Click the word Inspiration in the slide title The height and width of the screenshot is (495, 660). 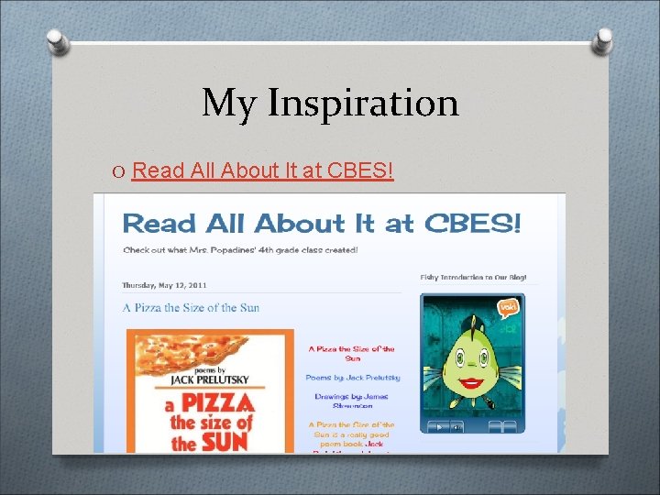363,103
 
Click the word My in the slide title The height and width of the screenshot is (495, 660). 230,103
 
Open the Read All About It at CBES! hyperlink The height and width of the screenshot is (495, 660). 262,170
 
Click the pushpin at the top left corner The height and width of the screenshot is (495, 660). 57,39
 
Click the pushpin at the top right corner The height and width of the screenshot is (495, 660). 603,39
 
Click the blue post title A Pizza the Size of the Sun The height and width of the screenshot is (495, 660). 191,307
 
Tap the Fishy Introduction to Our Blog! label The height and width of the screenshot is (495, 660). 474,277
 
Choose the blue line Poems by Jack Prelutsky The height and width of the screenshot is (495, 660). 352,377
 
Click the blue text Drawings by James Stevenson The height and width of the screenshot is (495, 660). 351,401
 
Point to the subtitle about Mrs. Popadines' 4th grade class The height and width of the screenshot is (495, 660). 240,249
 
